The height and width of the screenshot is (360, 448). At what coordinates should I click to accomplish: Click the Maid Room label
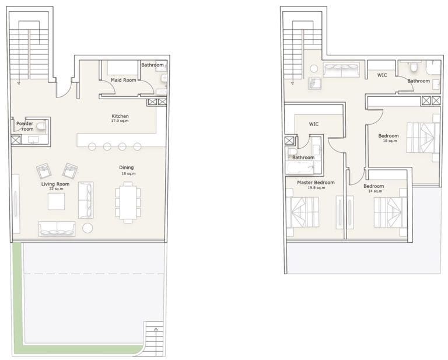123,80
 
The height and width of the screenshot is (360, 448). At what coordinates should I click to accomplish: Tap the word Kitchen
120,116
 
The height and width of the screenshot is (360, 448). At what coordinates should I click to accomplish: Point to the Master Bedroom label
316,183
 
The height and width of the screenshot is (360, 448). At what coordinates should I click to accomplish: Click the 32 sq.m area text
55,189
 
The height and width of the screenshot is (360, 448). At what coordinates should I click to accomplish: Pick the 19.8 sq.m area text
316,188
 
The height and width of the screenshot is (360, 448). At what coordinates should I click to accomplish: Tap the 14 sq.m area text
373,191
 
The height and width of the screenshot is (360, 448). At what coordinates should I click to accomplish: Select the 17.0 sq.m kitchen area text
120,121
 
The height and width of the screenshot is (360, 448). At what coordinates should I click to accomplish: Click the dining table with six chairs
128,202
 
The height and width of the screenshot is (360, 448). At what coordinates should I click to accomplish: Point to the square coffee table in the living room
57,202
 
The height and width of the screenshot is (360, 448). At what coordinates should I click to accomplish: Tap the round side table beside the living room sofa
87,228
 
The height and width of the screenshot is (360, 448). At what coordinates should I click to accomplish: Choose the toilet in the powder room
41,125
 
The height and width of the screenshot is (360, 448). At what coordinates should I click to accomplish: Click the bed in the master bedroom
303,212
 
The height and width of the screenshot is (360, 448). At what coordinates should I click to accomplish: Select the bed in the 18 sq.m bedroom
422,138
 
